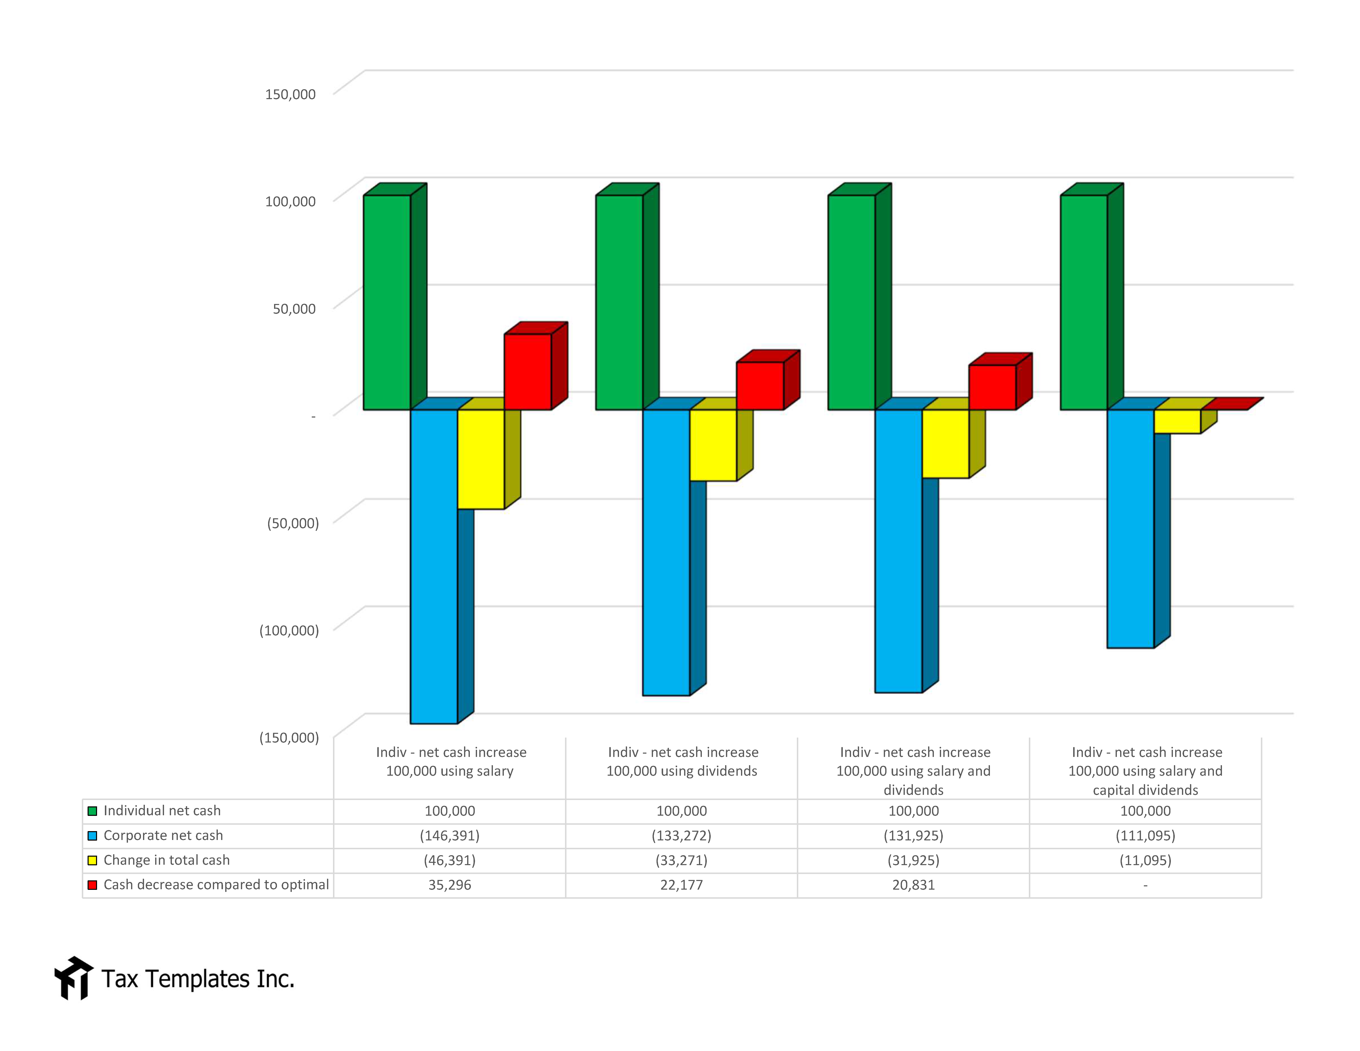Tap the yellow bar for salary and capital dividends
click(x=1177, y=421)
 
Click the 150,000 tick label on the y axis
click(x=290, y=94)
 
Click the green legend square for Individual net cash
click(x=92, y=811)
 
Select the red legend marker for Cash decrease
click(x=92, y=885)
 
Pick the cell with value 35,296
click(x=450, y=885)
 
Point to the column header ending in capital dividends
click(x=1145, y=771)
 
